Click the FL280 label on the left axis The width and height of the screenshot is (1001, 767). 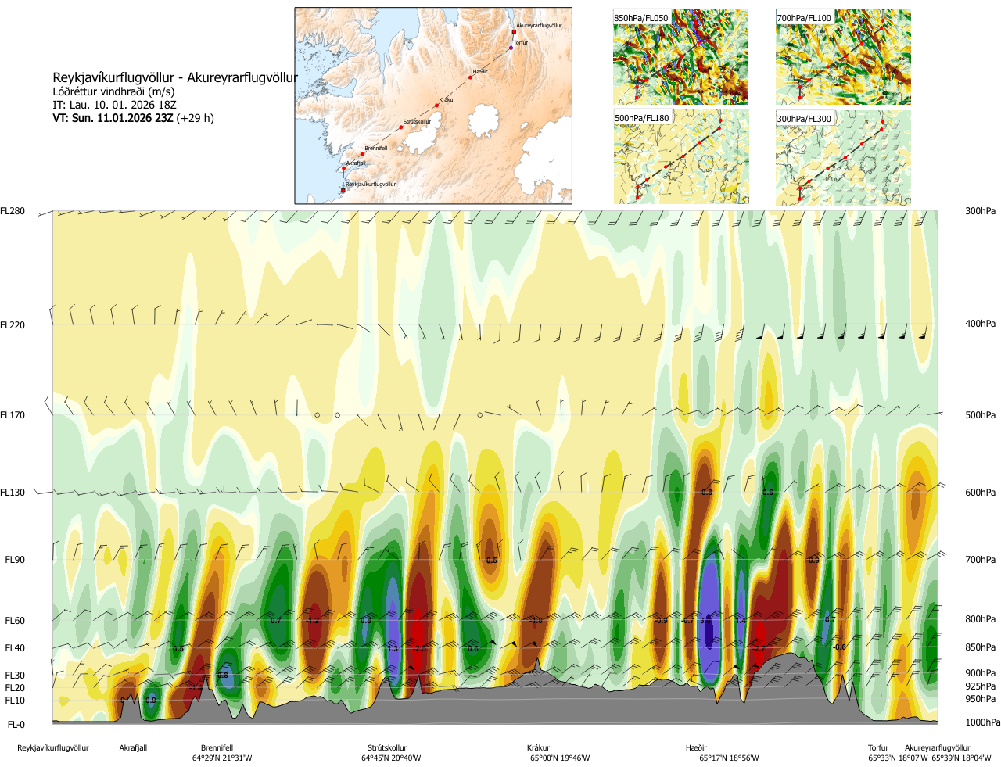coord(13,211)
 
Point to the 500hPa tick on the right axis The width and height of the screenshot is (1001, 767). coord(980,415)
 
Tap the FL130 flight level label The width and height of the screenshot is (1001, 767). coord(13,493)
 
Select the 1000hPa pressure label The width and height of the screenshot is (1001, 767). coord(982,722)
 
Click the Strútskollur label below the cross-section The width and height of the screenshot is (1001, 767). coord(387,748)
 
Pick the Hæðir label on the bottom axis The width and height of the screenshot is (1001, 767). coord(696,748)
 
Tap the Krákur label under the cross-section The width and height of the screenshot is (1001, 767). coord(538,748)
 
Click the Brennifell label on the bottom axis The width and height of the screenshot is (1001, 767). coord(217,748)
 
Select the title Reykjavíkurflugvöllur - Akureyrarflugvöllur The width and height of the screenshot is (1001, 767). coord(175,77)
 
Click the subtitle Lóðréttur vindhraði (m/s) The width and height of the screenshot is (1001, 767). coord(113,91)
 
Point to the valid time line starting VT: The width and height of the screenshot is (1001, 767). coord(133,118)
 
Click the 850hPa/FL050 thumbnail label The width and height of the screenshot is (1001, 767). coord(641,18)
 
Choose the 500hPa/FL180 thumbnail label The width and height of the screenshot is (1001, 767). coord(642,119)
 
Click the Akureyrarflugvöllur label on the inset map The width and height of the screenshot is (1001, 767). coord(539,26)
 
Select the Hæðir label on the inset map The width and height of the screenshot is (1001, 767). coord(479,72)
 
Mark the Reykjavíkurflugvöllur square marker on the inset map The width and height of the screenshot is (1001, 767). coord(343,190)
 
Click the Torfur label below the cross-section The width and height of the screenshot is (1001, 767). coord(878,748)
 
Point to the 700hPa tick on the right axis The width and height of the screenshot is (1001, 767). coord(980,560)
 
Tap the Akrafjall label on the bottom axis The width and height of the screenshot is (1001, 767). coord(133,748)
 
